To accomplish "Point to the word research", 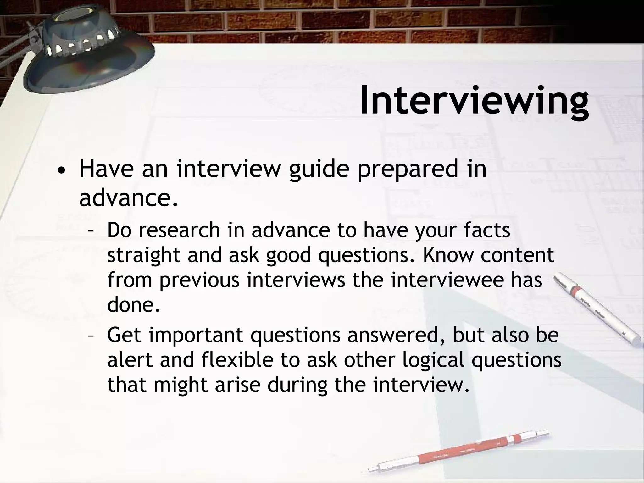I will point(179,230).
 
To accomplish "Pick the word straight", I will point(144,255).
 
